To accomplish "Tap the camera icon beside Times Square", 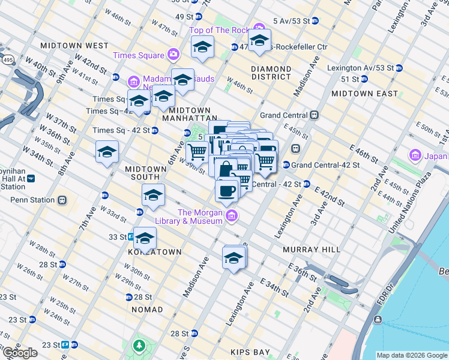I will click(x=173, y=55).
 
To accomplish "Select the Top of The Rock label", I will click(x=220, y=30).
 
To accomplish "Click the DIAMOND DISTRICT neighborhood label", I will click(x=271, y=73).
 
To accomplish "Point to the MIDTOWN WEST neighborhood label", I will click(x=74, y=46).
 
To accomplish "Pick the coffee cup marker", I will click(x=227, y=191).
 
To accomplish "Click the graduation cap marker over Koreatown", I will click(x=145, y=239).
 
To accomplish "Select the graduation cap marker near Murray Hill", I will click(x=234, y=258).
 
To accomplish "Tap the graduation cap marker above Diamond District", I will click(x=259, y=41).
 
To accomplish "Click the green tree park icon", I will click(x=139, y=346).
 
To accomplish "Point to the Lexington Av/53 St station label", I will click(x=360, y=68).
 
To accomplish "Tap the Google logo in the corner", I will click(x=20, y=353).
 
